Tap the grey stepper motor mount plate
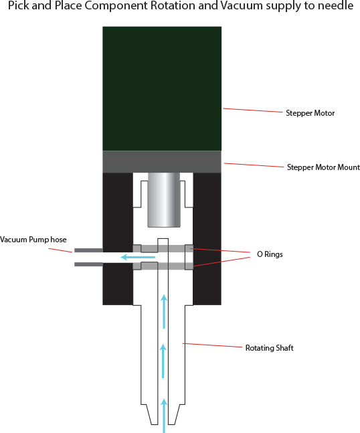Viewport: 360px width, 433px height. pyautogui.click(x=162, y=161)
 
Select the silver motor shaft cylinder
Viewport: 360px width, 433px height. pyautogui.click(x=163, y=199)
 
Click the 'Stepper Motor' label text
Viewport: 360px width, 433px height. pyautogui.click(x=310, y=113)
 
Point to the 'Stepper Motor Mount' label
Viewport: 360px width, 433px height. pyautogui.click(x=323, y=167)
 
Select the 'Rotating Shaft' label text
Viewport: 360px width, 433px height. pyautogui.click(x=270, y=348)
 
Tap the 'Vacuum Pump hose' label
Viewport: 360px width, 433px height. pyautogui.click(x=33, y=240)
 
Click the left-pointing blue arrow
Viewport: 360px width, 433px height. pyautogui.click(x=138, y=256)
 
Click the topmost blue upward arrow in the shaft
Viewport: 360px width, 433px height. pyautogui.click(x=163, y=311)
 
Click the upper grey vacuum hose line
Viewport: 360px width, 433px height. pyautogui.click(x=88, y=250)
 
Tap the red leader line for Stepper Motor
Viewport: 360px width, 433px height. pyautogui.click(x=252, y=110)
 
